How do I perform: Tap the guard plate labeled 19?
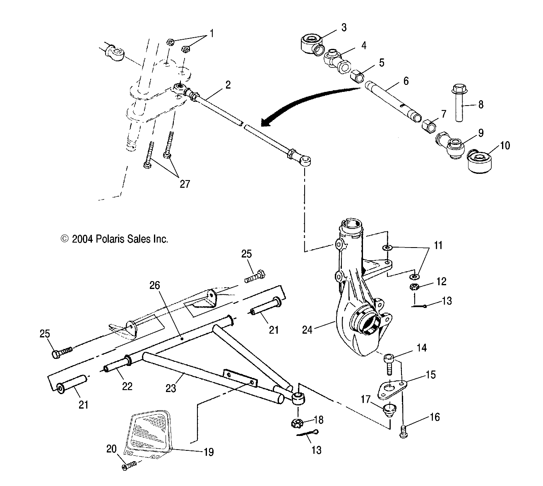pyautogui.click(x=149, y=431)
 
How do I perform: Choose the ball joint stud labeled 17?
pyautogui.click(x=388, y=409)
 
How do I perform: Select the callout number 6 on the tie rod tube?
pyautogui.click(x=406, y=81)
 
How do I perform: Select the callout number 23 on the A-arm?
pyautogui.click(x=171, y=388)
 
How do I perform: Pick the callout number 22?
pyautogui.click(x=127, y=386)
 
